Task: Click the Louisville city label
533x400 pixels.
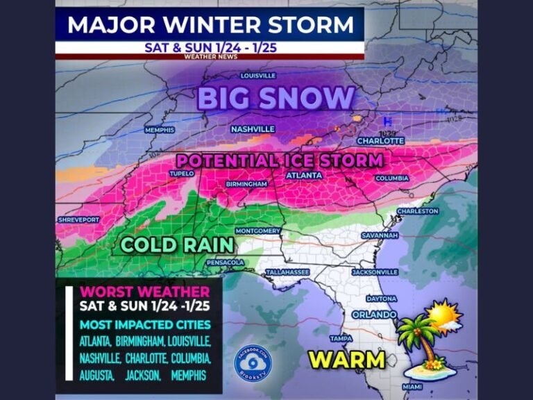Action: tap(257, 75)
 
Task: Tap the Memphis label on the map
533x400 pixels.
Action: tap(159, 130)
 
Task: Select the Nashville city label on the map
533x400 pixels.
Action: tap(253, 129)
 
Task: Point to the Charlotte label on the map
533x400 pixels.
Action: tap(380, 140)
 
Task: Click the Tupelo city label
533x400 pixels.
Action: tap(181, 174)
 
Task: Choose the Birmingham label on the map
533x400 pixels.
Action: tap(246, 184)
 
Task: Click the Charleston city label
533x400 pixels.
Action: tap(417, 211)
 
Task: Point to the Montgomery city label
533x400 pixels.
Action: tap(257, 231)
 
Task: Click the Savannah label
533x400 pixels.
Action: tap(379, 235)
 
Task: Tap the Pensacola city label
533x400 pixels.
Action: tap(225, 262)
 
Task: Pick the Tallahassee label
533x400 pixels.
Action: tap(285, 272)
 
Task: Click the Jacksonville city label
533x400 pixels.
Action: tap(375, 272)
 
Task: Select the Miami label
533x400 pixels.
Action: tap(412, 386)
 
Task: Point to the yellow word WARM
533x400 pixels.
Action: tap(347, 359)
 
